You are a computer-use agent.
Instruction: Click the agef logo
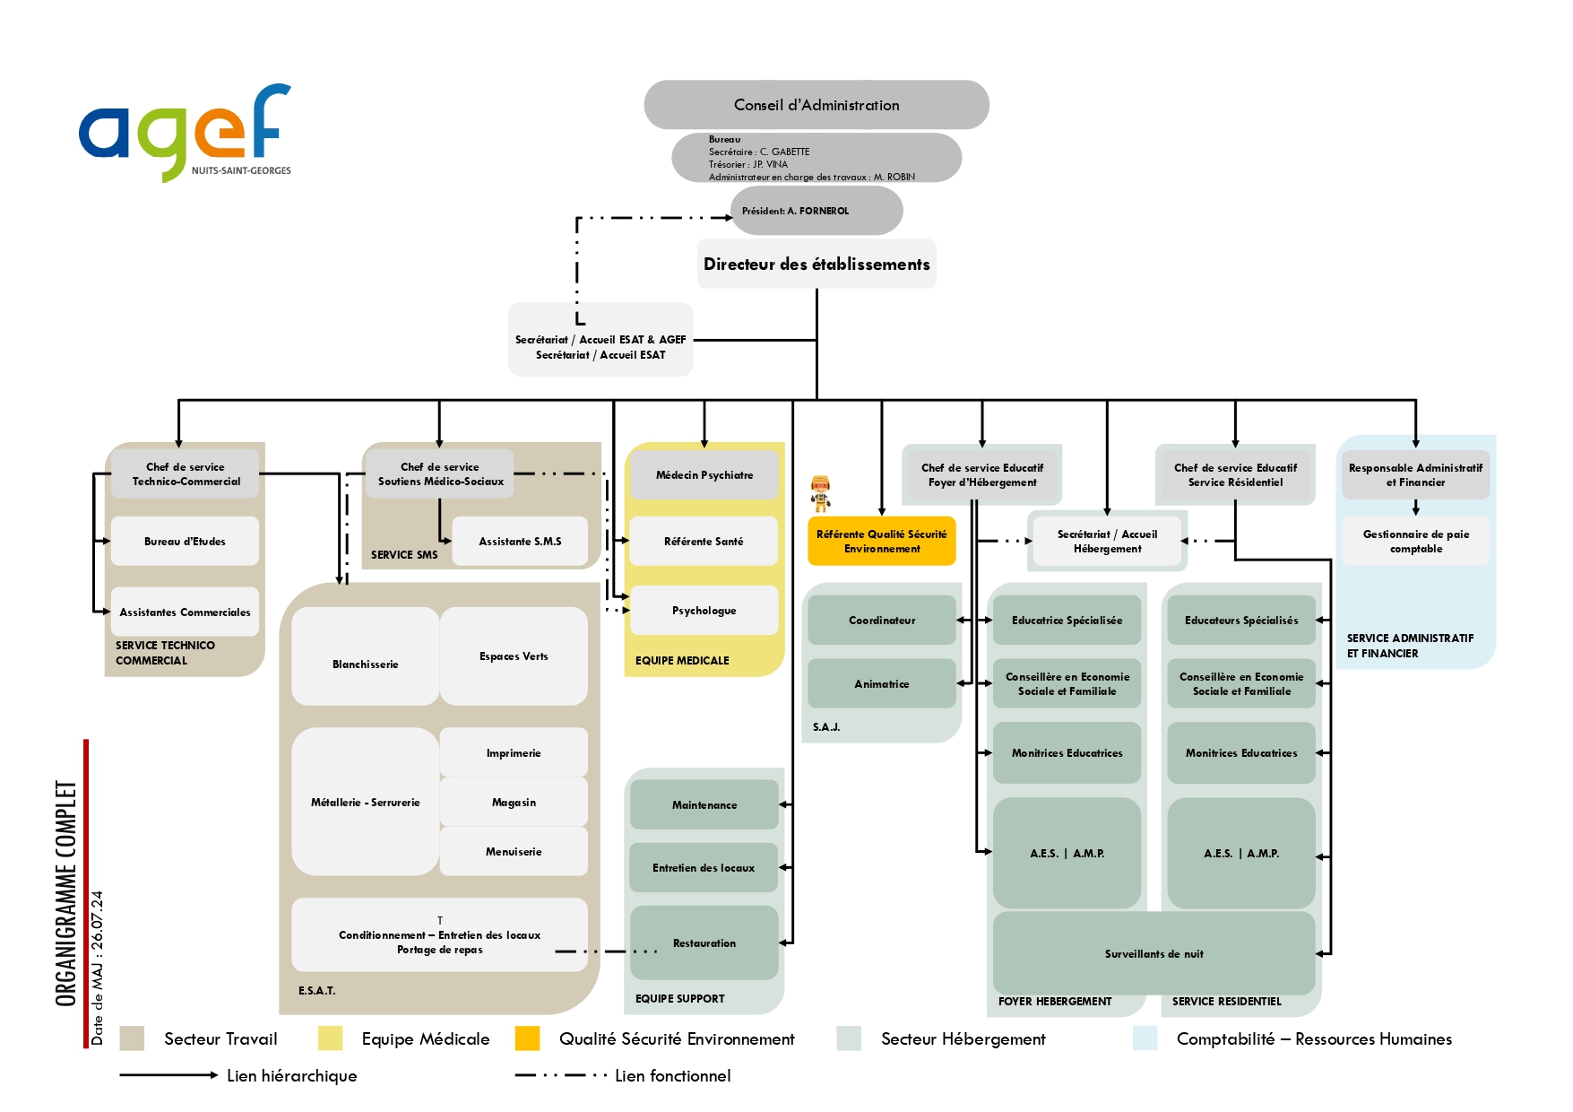pyautogui.click(x=185, y=132)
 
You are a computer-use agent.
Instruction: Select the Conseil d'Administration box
pyautogui.click(x=816, y=105)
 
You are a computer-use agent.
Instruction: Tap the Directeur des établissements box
pyautogui.click(x=816, y=264)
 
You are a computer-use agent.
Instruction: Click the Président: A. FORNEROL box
pyautogui.click(x=816, y=211)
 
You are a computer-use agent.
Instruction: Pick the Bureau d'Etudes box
pyautogui.click(x=185, y=542)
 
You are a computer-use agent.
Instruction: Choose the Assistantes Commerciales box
pyautogui.click(x=185, y=612)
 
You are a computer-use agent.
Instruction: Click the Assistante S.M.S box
pyautogui.click(x=520, y=542)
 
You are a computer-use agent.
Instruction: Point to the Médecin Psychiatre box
pyautogui.click(x=704, y=475)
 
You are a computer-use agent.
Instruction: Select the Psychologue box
pyautogui.click(x=704, y=611)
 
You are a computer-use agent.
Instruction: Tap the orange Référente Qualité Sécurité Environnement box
pyautogui.click(x=881, y=541)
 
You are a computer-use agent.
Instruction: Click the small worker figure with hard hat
pyautogui.click(x=820, y=493)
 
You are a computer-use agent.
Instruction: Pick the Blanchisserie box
pyautogui.click(x=365, y=664)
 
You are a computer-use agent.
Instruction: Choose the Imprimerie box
pyautogui.click(x=514, y=752)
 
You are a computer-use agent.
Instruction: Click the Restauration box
pyautogui.click(x=704, y=943)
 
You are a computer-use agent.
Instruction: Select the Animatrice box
pyautogui.click(x=881, y=683)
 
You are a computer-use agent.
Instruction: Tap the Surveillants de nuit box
pyautogui.click(x=1154, y=953)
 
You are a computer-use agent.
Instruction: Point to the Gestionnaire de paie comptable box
pyautogui.click(x=1415, y=541)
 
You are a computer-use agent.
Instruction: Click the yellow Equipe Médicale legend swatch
pyautogui.click(x=330, y=1038)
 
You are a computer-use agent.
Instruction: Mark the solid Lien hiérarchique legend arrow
pyautogui.click(x=169, y=1075)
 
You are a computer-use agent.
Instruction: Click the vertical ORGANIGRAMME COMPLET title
pyautogui.click(x=66, y=893)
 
